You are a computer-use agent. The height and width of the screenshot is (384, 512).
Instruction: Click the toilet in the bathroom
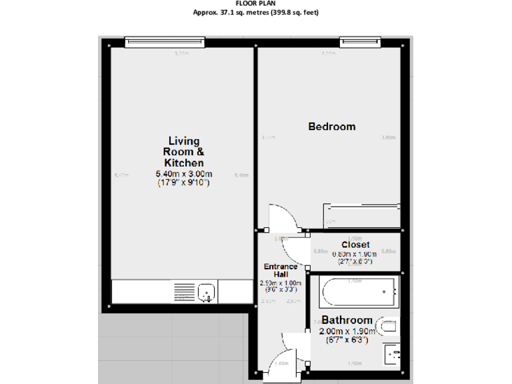[388, 327]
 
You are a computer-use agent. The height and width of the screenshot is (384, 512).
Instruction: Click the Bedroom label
[331, 127]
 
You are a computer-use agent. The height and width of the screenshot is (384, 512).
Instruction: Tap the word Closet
[355, 245]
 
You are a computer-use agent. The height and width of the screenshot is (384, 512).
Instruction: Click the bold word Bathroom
[347, 321]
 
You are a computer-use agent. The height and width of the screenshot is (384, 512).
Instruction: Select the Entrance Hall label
[281, 271]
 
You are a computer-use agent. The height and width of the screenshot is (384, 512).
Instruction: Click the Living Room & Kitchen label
[184, 151]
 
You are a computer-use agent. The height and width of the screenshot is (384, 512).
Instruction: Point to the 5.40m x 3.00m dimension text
[184, 175]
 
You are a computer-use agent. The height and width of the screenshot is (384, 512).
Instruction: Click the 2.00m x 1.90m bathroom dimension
[347, 331]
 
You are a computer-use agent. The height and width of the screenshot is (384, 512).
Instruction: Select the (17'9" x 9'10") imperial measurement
[184, 183]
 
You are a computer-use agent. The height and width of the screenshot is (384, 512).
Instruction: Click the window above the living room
[164, 42]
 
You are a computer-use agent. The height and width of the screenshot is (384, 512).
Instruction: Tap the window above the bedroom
[360, 42]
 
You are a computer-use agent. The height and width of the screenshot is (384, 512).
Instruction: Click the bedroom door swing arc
[280, 217]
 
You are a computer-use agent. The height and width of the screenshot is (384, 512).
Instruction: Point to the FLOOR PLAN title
[256, 3]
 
